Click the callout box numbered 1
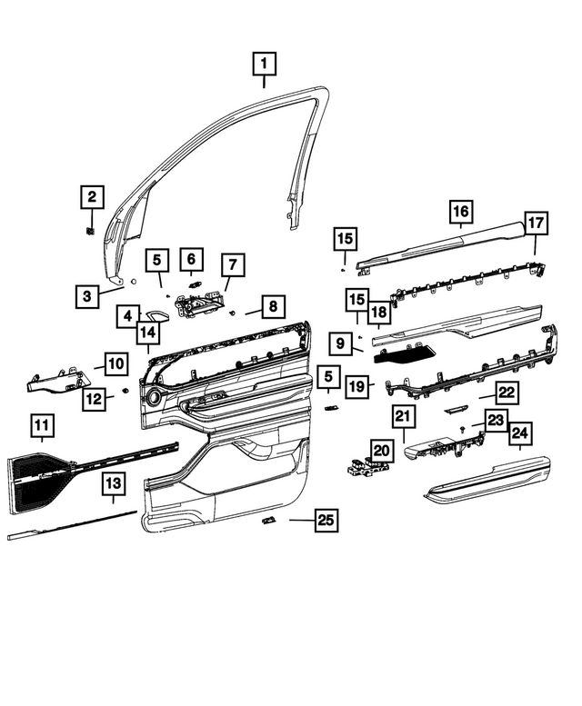(x=264, y=64)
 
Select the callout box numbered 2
(x=91, y=196)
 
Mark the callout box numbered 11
(x=42, y=423)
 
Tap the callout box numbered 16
(x=461, y=213)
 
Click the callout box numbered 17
(x=535, y=223)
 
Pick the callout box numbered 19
(x=357, y=386)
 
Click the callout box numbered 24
(x=519, y=434)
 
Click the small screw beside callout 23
(x=466, y=426)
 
